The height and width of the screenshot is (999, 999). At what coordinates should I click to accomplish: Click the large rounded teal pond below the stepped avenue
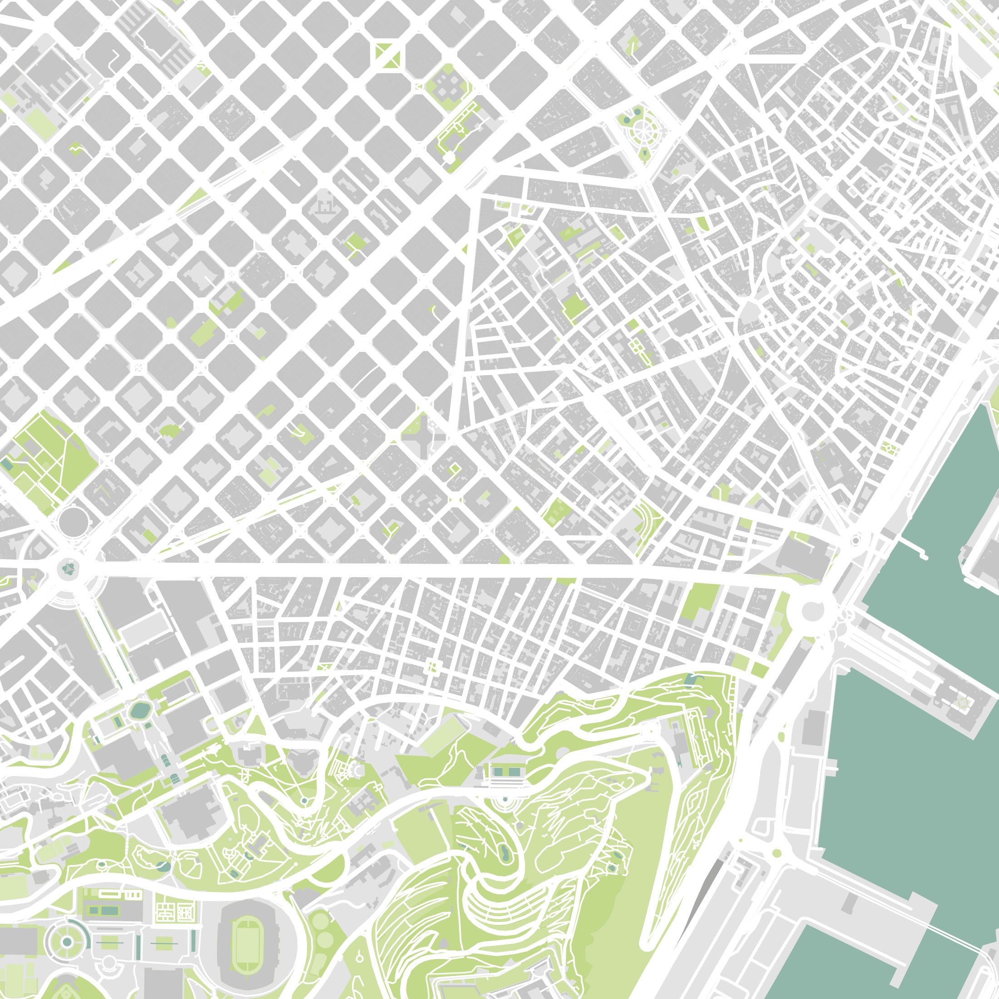coord(139,711)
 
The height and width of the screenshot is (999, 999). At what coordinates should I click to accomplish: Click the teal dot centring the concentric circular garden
coord(67,942)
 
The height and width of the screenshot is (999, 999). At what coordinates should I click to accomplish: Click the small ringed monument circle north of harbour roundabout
coord(856,541)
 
